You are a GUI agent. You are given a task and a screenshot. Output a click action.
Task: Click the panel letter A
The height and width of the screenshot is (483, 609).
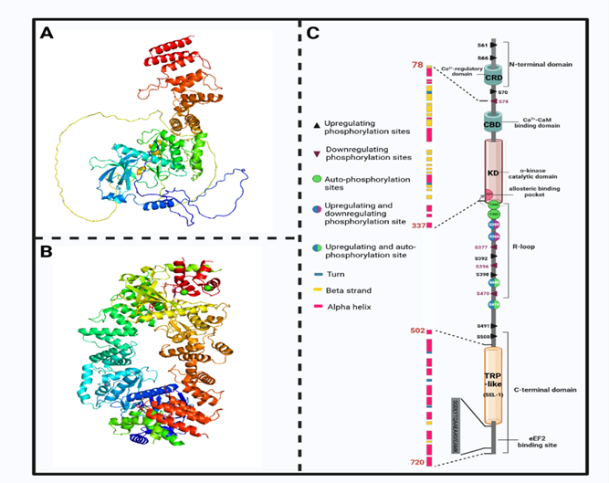pos(47,34)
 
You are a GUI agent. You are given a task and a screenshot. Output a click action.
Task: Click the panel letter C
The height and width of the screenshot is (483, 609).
pos(312,34)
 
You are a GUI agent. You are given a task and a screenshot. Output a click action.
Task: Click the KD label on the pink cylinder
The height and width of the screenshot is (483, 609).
pos(491,171)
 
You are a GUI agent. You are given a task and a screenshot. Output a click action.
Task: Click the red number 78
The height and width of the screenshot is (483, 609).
pos(417,65)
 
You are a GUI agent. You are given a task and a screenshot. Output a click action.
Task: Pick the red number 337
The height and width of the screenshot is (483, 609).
pos(419,225)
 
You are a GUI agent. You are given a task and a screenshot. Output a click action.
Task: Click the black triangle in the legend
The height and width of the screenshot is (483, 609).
pos(318,122)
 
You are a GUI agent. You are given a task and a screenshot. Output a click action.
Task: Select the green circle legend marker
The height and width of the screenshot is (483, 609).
pos(317,182)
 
